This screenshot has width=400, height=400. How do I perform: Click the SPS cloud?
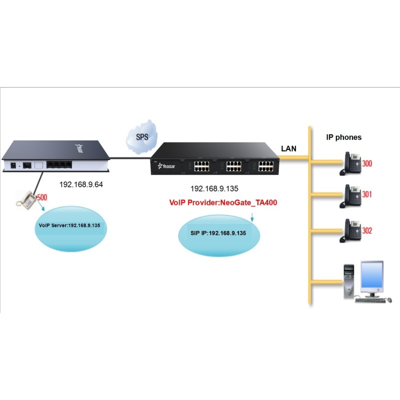pos(141,135)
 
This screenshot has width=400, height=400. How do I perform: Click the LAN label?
pos(289,149)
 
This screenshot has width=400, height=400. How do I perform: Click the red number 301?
pos(367,194)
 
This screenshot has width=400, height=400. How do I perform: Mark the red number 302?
pos(367,231)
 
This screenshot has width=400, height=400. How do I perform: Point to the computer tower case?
pos(349,282)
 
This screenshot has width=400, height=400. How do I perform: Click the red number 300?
pos(367,163)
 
